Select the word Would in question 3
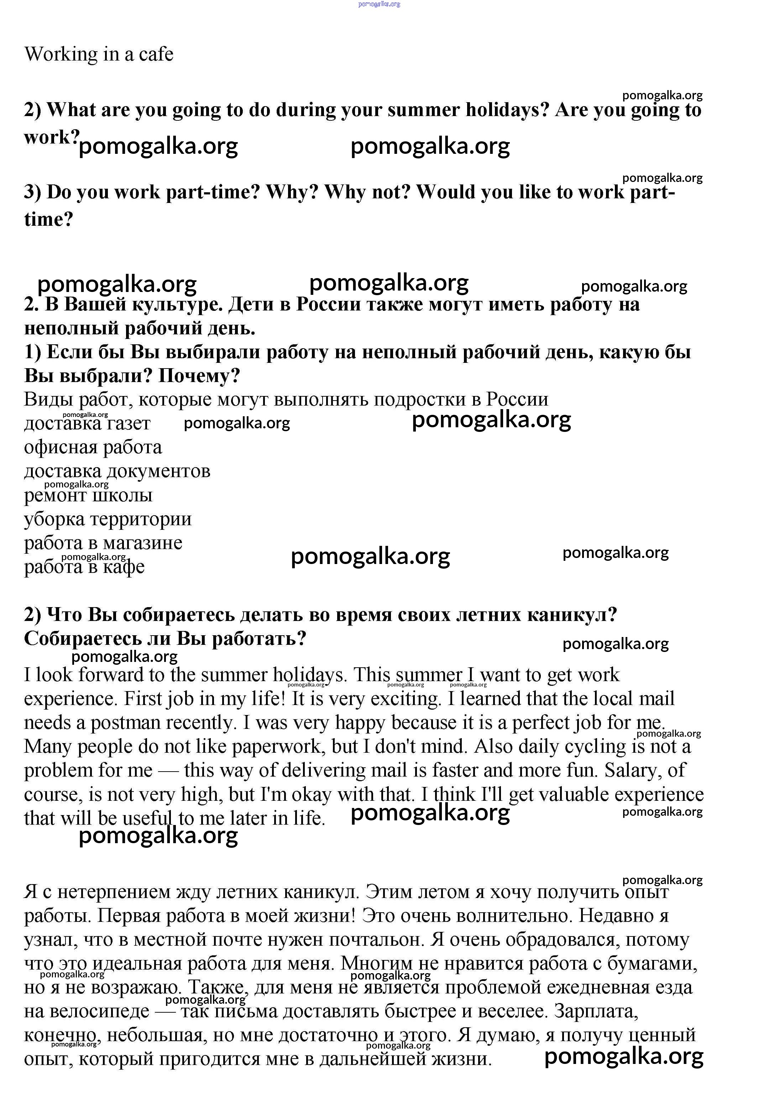coord(445,192)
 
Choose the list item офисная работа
coord(93,447)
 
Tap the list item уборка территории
coord(108,519)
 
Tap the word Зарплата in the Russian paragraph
coord(596,1012)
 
